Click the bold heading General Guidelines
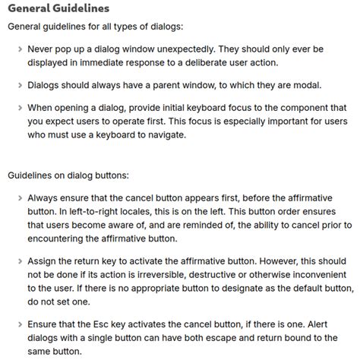click(58, 9)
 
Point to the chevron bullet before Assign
click(21, 262)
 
